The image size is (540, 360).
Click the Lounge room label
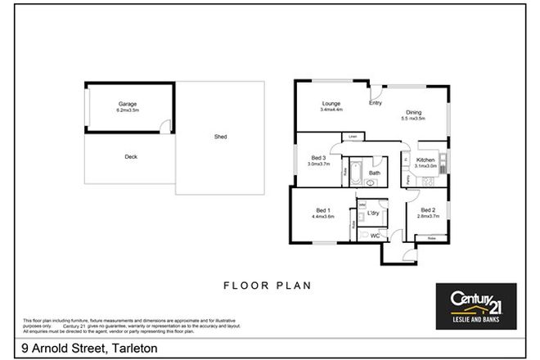coord(331,104)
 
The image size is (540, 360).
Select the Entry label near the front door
coord(376,103)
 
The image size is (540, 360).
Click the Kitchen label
coord(425,160)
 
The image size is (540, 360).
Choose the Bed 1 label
coord(322,210)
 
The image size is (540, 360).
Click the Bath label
coord(375,173)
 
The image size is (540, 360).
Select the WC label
coord(376,236)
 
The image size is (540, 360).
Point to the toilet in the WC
coord(362,236)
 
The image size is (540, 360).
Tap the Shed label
coord(220,137)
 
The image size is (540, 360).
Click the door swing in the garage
coord(164,125)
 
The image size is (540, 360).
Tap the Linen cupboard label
coord(353,137)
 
